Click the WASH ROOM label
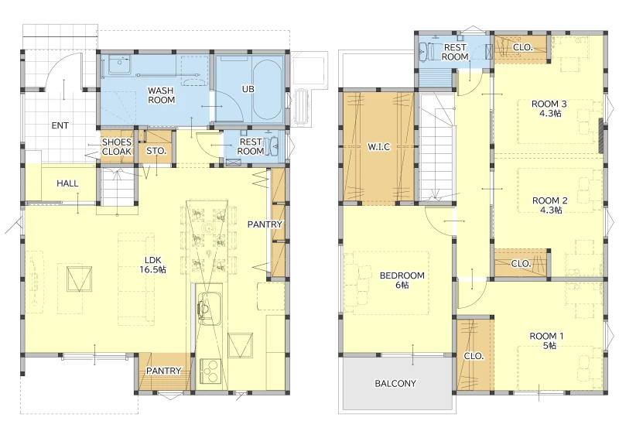[161, 95]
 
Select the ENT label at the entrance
[60, 125]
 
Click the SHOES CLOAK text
[117, 146]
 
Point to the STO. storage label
[156, 151]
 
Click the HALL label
[67, 183]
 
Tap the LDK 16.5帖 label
[152, 265]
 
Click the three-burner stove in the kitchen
[210, 371]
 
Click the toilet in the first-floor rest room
[273, 146]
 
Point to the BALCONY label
[395, 383]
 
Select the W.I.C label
[379, 147]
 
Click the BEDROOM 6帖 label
[402, 279]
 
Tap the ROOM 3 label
[549, 104]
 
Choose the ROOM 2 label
[550, 200]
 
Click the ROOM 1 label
[547, 336]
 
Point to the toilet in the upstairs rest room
[425, 51]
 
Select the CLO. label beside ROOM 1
[474, 356]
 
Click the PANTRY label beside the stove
[163, 371]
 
